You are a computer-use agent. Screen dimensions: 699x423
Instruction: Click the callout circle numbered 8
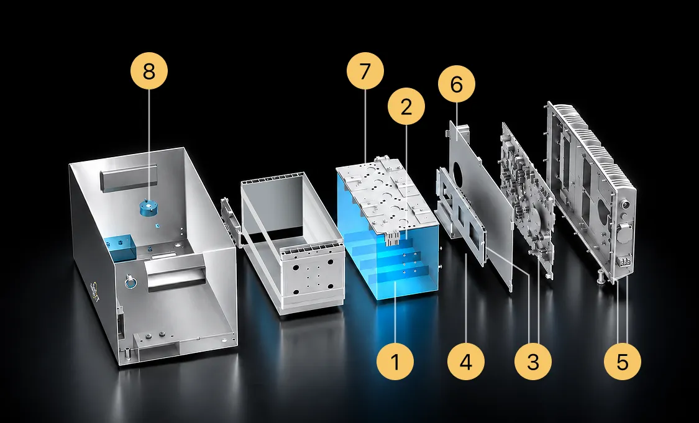click(x=149, y=71)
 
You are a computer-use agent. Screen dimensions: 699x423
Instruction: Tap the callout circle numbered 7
click(x=365, y=71)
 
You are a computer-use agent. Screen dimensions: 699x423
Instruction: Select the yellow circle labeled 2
click(x=406, y=107)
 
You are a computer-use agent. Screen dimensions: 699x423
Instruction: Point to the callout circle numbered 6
click(x=457, y=84)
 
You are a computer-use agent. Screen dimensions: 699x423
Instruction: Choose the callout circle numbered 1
click(x=395, y=362)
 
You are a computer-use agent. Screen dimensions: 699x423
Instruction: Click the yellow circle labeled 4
click(x=465, y=362)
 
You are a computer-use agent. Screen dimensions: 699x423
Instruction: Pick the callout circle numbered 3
click(x=533, y=362)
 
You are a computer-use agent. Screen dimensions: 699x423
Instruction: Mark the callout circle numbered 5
click(x=623, y=362)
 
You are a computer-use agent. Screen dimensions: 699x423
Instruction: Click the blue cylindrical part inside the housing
click(x=149, y=208)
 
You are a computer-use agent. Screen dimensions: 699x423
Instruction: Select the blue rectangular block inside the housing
click(x=119, y=248)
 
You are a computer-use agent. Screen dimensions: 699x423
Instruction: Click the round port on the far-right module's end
click(x=626, y=206)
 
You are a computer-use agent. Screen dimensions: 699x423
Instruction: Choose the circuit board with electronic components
click(x=528, y=196)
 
